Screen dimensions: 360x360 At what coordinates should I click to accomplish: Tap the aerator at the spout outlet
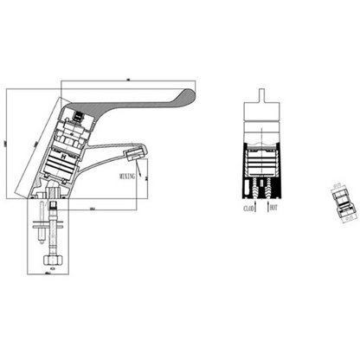[x=132, y=157]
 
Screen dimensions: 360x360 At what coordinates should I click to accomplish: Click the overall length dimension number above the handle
[x=127, y=80]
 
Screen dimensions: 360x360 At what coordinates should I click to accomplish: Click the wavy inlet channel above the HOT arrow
[x=267, y=188]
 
